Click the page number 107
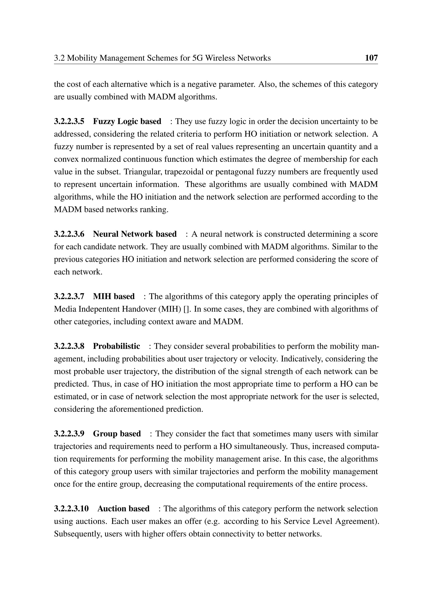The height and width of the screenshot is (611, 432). point(371,58)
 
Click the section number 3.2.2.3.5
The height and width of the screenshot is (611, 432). point(69,122)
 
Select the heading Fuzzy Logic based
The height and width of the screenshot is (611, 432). point(127,122)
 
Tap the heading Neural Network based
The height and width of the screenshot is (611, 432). point(135,234)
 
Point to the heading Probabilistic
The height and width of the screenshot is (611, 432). point(116,346)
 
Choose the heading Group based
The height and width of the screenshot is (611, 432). point(117,434)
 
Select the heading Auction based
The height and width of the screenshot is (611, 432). point(123,509)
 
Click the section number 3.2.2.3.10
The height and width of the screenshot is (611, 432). point(71,509)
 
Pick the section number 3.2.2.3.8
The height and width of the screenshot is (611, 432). point(69,346)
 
